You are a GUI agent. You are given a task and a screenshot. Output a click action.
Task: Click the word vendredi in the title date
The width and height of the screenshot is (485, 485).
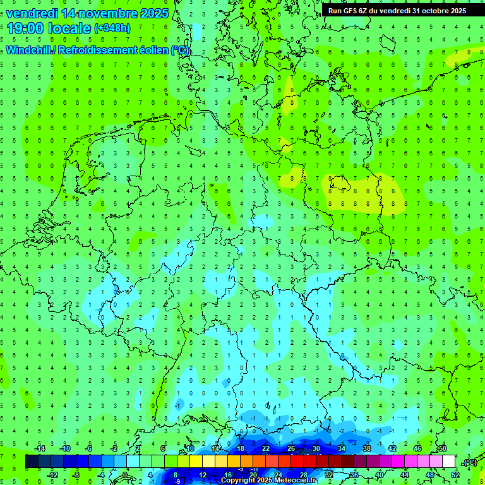point(31,13)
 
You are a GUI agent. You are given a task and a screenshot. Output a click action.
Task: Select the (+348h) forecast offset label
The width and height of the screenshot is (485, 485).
point(112,28)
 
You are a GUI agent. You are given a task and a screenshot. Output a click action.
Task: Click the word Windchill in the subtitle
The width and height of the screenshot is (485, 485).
point(30,51)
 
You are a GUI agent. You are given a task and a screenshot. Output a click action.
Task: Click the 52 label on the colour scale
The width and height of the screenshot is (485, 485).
point(455,475)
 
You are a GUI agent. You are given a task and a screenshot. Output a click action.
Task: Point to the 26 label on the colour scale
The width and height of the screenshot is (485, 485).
point(291,448)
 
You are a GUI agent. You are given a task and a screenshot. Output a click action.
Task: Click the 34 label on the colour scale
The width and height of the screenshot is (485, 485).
point(342,448)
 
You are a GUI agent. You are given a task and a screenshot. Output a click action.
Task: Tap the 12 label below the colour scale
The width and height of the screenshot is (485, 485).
point(203,475)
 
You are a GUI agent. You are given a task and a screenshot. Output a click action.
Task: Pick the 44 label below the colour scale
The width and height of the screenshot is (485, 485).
point(405,475)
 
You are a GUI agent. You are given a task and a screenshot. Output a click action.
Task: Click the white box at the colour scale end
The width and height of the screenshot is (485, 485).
point(448,462)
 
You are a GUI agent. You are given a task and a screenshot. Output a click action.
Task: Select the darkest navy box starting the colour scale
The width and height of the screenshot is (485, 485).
point(32,462)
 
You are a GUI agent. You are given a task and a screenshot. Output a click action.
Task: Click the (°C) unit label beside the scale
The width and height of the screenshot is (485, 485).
point(469,462)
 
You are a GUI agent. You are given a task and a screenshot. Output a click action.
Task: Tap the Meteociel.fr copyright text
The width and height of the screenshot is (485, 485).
point(268,481)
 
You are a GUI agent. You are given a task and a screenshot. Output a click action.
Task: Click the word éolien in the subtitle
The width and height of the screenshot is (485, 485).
point(150,51)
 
